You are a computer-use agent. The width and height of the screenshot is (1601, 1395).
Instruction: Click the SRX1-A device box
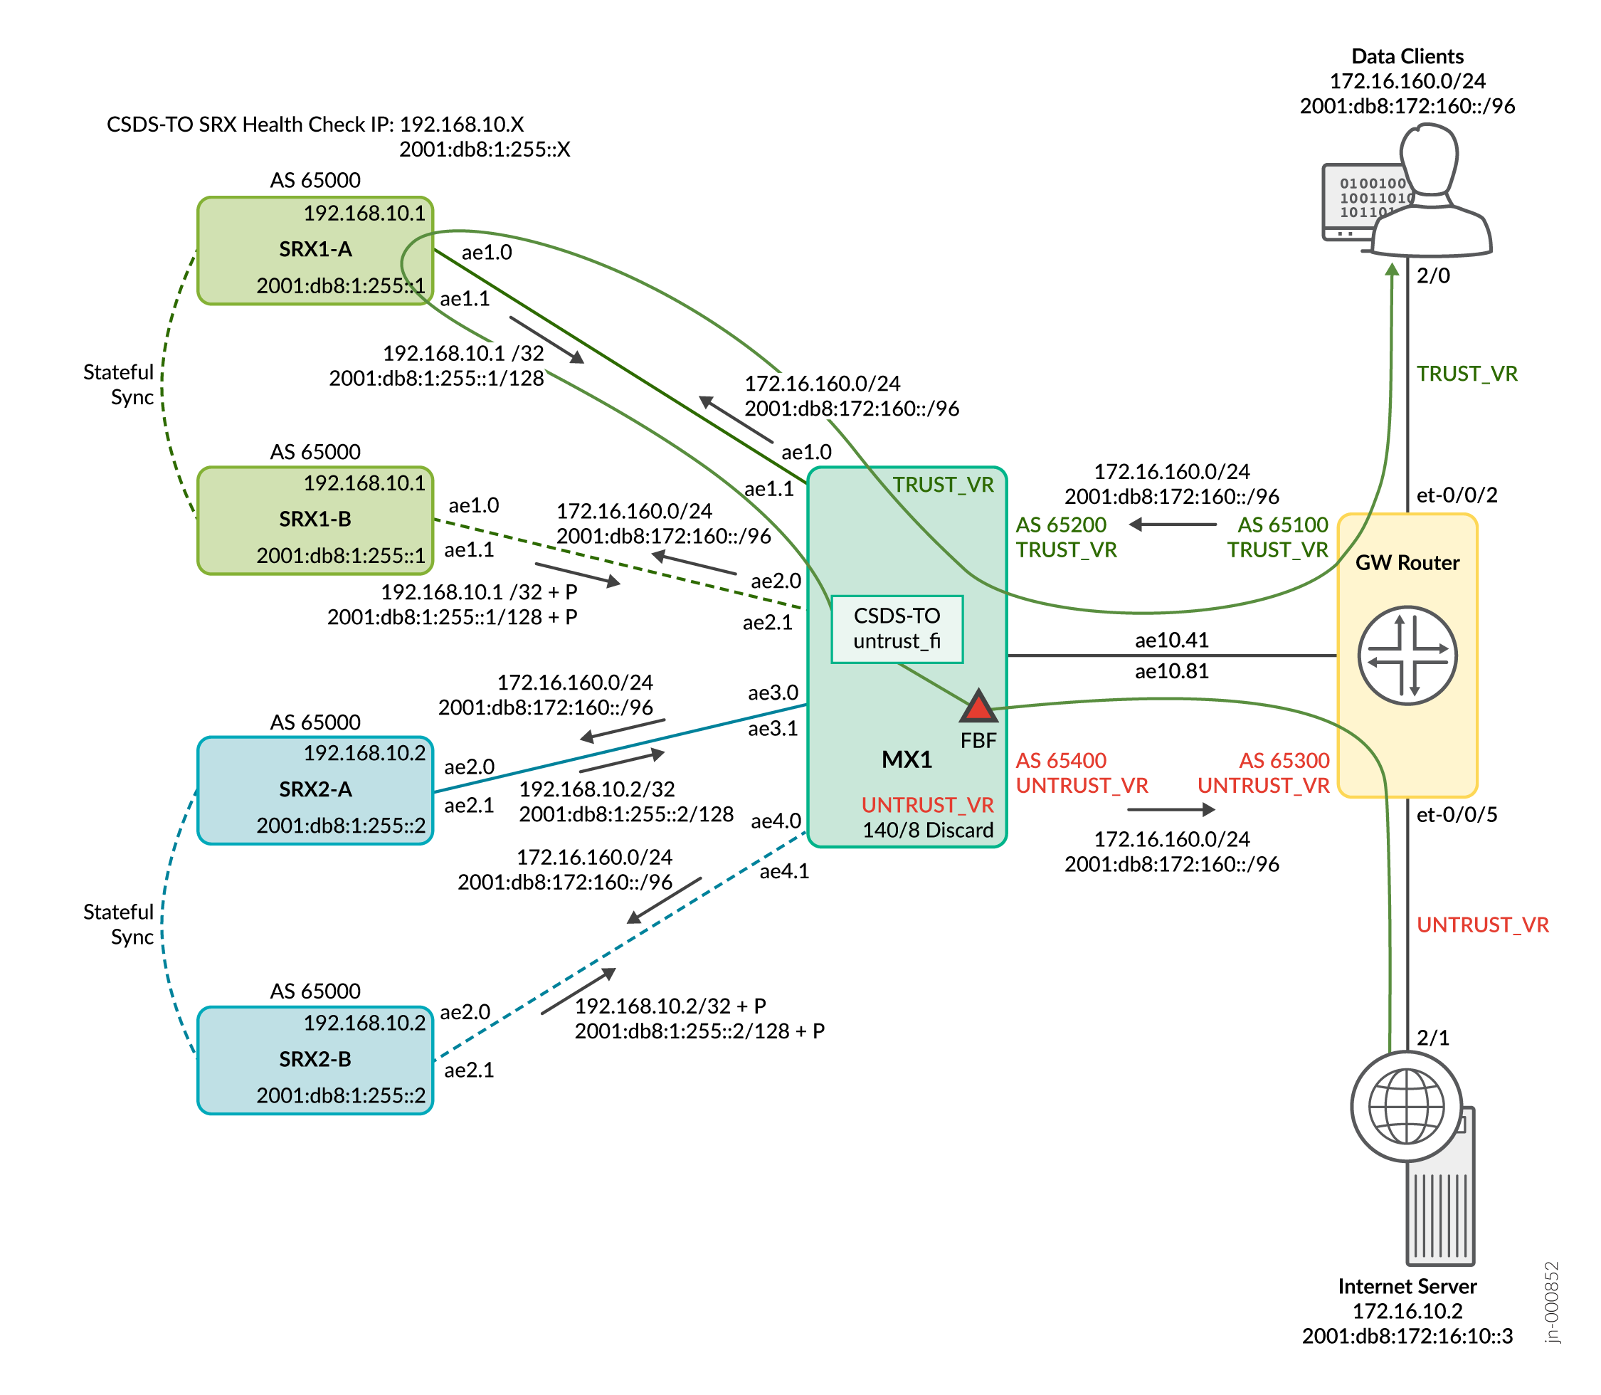[x=315, y=250]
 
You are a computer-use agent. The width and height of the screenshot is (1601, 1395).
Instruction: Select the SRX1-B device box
[x=315, y=520]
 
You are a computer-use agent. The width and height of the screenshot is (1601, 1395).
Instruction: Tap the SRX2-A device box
[x=315, y=790]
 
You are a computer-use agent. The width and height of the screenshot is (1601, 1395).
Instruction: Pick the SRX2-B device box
[x=315, y=1060]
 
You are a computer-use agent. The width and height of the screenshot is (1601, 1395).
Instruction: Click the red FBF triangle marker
[x=978, y=707]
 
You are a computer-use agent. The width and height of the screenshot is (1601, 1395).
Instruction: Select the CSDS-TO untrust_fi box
[x=897, y=629]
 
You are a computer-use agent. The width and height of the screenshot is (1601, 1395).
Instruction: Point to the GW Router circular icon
[x=1407, y=656]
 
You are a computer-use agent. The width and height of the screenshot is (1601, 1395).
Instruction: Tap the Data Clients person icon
[x=1429, y=194]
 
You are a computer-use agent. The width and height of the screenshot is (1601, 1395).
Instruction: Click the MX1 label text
[x=907, y=760]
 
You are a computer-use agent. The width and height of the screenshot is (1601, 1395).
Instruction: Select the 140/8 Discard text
[x=928, y=830]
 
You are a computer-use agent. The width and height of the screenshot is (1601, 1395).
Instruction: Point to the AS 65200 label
[x=1061, y=525]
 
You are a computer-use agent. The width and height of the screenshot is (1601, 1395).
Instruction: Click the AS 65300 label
[x=1284, y=761]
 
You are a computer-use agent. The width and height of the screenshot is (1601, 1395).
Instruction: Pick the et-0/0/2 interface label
[x=1457, y=495]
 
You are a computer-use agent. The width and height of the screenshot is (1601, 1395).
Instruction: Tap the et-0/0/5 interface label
[x=1457, y=815]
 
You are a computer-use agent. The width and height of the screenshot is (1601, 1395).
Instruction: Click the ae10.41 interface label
[x=1171, y=640]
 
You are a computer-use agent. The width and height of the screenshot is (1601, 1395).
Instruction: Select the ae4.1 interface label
[x=785, y=871]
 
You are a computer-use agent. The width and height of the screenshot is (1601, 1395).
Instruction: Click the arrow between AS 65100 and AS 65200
[x=1172, y=525]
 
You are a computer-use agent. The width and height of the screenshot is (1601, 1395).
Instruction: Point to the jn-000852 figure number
[x=1552, y=1302]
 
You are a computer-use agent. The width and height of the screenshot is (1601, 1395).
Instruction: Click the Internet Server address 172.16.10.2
[x=1407, y=1311]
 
